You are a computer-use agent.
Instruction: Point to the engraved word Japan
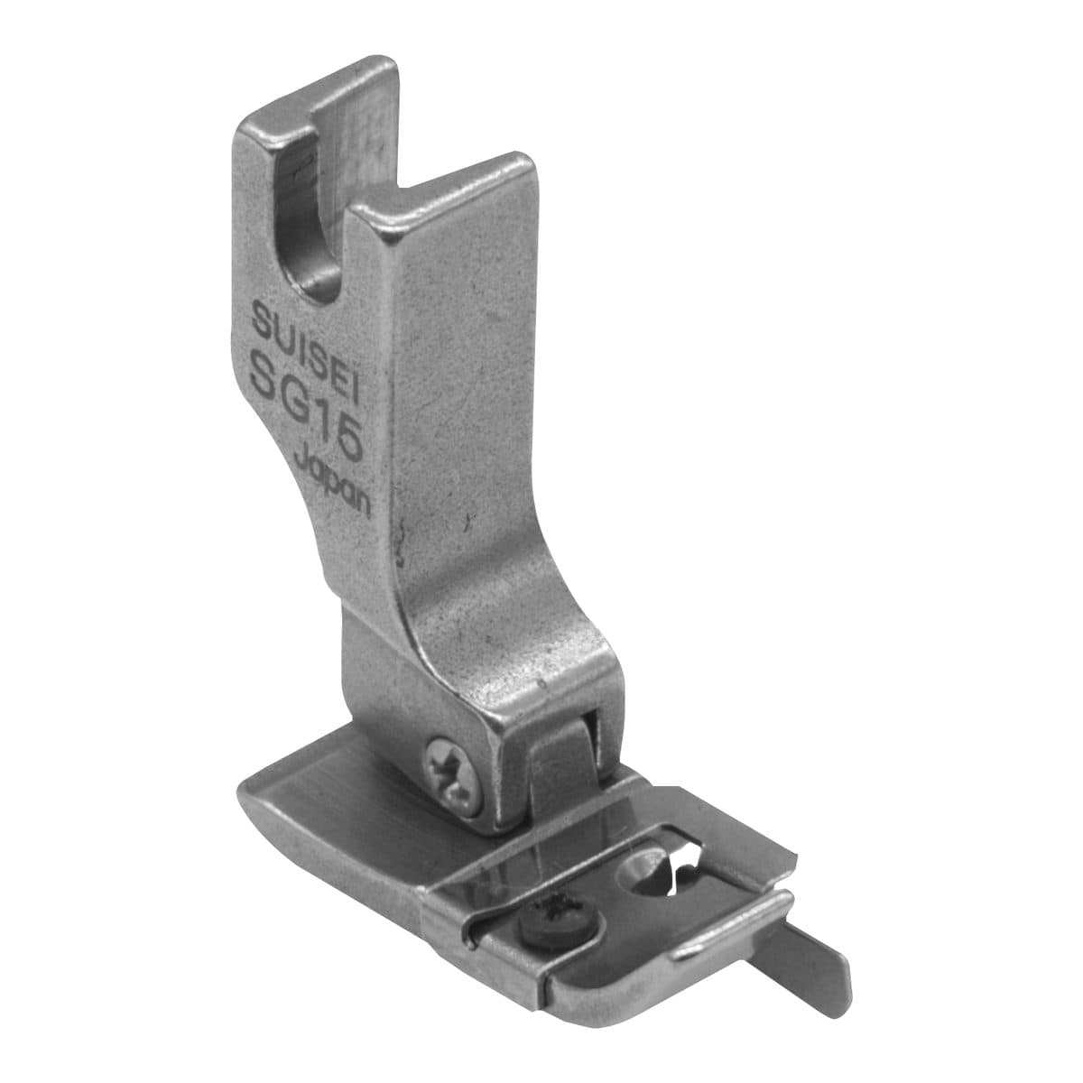point(332,486)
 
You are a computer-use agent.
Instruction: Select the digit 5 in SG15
point(345,440)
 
